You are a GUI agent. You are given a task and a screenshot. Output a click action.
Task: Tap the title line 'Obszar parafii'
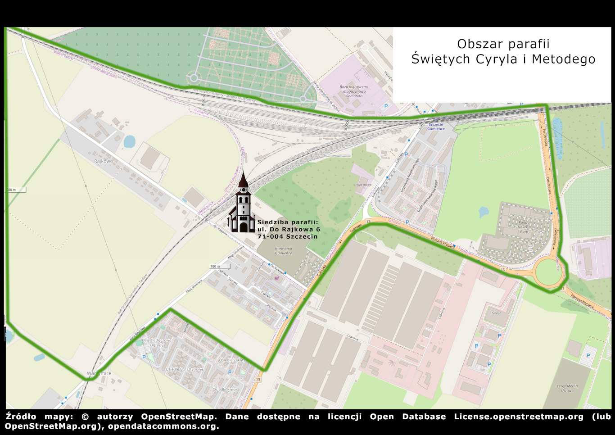(x=503, y=44)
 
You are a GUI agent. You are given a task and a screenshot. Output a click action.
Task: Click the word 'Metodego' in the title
(x=564, y=59)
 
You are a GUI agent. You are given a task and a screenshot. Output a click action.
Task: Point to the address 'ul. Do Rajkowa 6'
(x=289, y=229)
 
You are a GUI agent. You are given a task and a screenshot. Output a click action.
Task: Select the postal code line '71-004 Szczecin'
(x=287, y=236)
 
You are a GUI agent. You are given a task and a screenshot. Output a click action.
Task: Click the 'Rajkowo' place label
(x=104, y=161)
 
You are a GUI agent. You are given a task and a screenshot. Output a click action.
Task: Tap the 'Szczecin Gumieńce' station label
(x=436, y=127)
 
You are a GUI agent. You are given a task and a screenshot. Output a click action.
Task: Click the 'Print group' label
(x=363, y=185)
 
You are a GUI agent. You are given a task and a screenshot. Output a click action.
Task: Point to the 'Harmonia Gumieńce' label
(x=283, y=251)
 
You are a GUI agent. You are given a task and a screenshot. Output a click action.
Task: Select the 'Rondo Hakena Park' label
(x=524, y=227)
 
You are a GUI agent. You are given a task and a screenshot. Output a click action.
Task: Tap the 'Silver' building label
(x=496, y=313)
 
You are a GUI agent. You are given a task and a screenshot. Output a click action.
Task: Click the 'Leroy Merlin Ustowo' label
(x=567, y=388)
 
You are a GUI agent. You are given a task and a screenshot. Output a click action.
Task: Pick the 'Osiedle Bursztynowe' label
(x=185, y=369)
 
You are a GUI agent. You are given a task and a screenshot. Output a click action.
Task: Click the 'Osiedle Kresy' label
(x=225, y=390)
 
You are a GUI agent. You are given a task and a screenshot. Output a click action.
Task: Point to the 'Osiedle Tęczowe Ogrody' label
(x=157, y=343)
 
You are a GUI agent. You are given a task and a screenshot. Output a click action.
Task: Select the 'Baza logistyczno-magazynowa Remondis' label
(x=354, y=91)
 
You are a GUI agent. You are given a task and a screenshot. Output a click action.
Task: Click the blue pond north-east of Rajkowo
(x=129, y=141)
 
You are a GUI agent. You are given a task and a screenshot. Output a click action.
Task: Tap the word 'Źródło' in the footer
(x=21, y=417)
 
